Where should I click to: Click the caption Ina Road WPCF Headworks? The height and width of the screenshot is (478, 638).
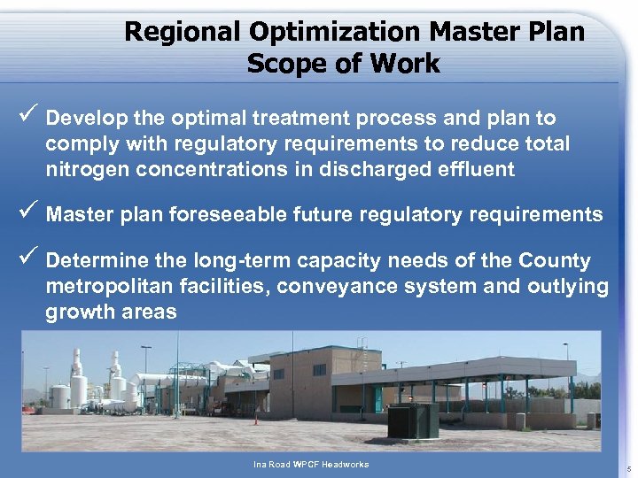pyautogui.click(x=310, y=465)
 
